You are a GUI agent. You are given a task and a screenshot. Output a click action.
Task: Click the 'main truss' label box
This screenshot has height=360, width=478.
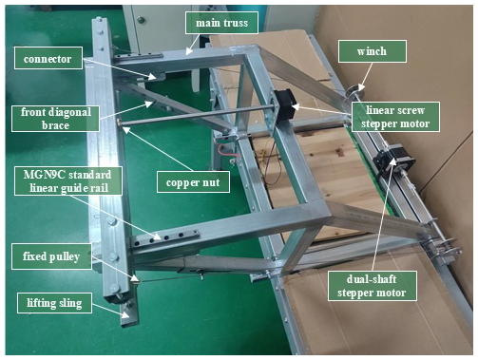(221, 23)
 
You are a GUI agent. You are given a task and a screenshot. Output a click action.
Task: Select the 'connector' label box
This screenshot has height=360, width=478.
(48, 58)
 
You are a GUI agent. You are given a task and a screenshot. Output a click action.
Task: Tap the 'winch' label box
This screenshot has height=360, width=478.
(373, 51)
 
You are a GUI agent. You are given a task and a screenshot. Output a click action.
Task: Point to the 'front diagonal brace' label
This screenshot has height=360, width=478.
(55, 119)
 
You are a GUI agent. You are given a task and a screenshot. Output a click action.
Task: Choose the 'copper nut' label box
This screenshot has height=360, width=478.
(193, 182)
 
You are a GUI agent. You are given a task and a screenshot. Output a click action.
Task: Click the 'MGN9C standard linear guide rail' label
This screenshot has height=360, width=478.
(68, 181)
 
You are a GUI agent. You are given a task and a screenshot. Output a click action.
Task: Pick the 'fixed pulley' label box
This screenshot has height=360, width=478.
(51, 256)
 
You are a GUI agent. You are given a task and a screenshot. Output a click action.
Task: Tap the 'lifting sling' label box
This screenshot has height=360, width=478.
(54, 303)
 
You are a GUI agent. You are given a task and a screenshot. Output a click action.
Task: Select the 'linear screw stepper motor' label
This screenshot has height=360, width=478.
(395, 117)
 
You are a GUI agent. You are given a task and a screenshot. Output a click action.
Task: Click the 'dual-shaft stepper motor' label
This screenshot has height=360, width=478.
(372, 286)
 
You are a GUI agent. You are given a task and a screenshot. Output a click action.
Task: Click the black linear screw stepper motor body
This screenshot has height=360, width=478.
(285, 103)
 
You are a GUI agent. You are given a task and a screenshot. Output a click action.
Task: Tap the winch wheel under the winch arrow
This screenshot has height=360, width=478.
(354, 92)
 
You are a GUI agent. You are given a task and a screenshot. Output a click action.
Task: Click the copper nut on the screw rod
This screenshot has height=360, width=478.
(119, 122)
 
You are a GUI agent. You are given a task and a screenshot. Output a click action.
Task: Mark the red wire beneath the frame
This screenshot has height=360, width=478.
(226, 150)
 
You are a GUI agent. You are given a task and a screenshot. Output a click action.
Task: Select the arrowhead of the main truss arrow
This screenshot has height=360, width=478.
(187, 52)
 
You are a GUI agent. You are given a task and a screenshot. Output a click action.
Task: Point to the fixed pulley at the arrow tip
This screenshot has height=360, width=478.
(135, 279)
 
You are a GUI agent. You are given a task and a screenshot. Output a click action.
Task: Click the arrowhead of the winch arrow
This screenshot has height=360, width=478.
(361, 87)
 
